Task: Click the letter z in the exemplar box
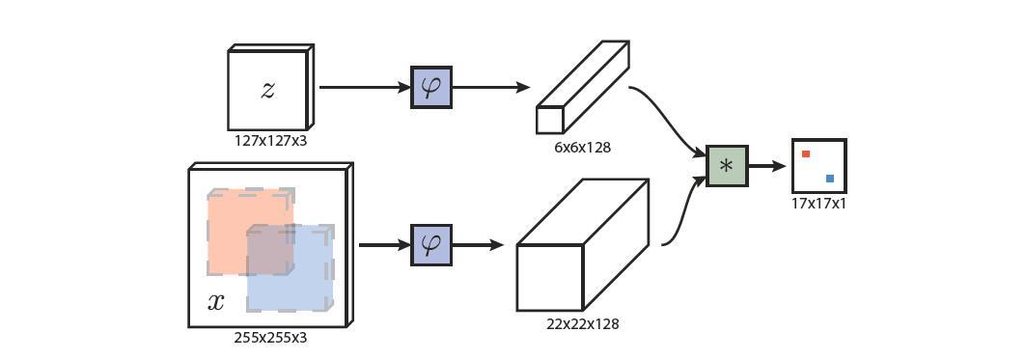pos(267,90)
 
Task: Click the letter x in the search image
pos(216,302)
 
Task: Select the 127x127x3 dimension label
pos(270,141)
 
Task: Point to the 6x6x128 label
pos(582,148)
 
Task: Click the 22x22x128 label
pos(582,324)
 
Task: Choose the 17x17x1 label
pos(818,204)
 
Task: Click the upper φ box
pos(431,87)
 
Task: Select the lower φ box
pos(431,245)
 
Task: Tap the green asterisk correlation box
pos(727,166)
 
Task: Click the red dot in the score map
pos(806,153)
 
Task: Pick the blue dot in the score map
pos(830,179)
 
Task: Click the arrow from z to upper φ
pos(365,87)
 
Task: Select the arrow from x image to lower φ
pos(384,245)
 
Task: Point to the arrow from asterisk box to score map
pos(768,166)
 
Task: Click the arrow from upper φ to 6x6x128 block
pos(490,87)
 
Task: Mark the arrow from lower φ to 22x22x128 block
pos(478,245)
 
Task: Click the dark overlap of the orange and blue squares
pos(270,250)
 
